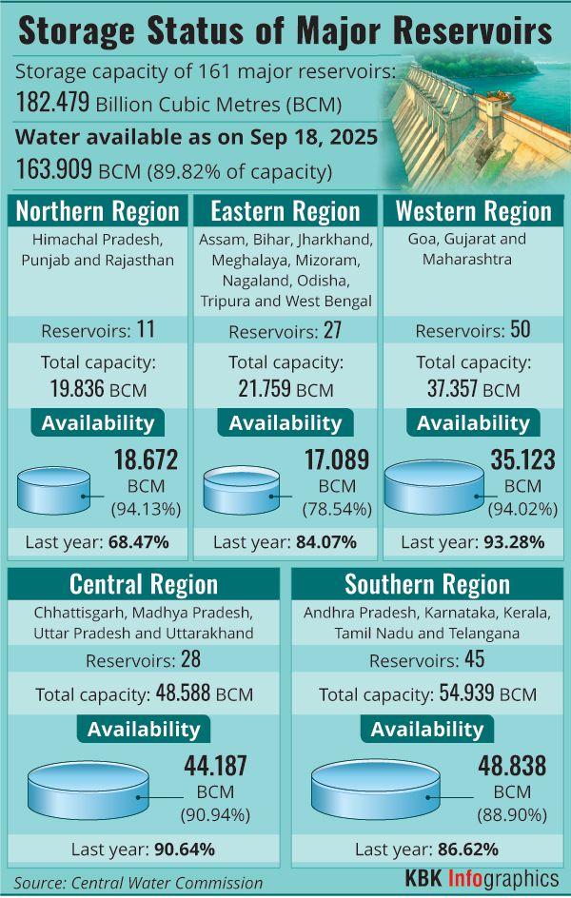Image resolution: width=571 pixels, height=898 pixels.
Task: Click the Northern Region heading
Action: tap(98, 210)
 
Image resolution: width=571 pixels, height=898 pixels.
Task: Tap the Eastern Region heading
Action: tap(285, 210)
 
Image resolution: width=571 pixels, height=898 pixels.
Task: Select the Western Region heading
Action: tap(473, 210)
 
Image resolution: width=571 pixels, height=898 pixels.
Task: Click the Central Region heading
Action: tap(144, 583)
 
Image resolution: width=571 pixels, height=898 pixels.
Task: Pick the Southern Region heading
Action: tap(427, 583)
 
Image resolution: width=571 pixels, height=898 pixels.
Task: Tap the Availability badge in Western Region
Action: tap(473, 423)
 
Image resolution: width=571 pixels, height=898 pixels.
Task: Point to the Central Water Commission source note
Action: tap(138, 882)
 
